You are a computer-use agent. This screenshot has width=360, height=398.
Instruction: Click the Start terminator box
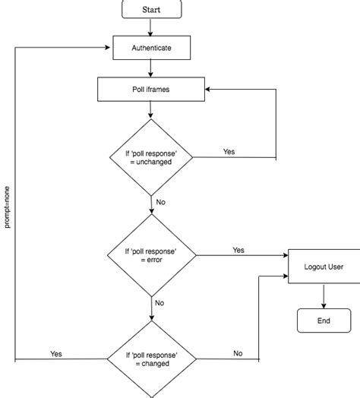click(151, 9)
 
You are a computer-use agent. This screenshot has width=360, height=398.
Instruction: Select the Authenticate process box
click(151, 48)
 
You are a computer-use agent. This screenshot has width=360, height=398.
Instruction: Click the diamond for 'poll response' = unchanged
click(151, 157)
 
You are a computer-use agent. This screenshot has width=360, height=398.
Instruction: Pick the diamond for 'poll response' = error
click(151, 254)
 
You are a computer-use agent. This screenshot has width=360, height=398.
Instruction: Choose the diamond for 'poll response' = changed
click(151, 359)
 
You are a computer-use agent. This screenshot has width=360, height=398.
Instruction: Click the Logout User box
click(323, 267)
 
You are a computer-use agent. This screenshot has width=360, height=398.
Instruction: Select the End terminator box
click(324, 321)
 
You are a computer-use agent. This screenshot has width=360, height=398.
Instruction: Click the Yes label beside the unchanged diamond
click(229, 152)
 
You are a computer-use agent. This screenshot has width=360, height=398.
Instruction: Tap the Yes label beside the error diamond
click(238, 250)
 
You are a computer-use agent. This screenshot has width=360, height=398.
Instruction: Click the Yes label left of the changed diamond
click(56, 353)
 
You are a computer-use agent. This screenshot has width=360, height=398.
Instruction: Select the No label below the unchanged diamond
click(160, 204)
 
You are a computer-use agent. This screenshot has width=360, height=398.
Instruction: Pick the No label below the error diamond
click(159, 302)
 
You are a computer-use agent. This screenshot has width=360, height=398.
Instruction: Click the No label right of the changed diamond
click(238, 353)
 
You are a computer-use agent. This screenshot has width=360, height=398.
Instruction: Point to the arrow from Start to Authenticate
click(151, 27)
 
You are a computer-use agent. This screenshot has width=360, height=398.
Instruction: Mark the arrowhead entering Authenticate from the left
click(109, 48)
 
